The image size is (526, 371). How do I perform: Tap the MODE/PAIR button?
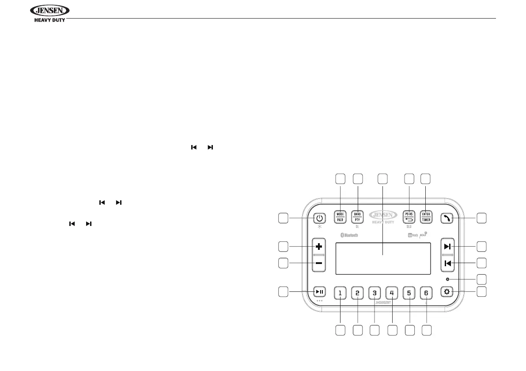341,217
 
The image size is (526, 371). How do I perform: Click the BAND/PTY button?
357,217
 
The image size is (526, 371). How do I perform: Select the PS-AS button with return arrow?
409,217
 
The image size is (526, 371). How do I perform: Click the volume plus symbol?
318,246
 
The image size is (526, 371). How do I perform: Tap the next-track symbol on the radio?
447,247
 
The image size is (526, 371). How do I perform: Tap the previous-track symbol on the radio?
447,264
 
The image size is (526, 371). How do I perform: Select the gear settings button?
447,292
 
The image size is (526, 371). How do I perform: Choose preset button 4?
392,292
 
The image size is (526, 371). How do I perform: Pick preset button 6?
426,292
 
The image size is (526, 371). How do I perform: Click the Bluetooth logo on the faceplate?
349,235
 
